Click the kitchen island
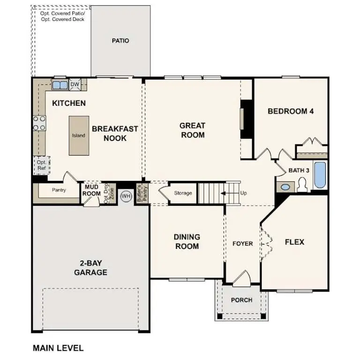tap(78, 135)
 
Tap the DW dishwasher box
tap(75, 85)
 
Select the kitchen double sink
tap(60, 85)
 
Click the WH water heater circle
tap(126, 196)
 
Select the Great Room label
tap(192, 130)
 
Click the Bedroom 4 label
tap(290, 111)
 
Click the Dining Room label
tap(187, 241)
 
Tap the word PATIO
tap(120, 41)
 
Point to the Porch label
tap(242, 300)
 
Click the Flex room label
tap(294, 242)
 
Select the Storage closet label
tap(183, 193)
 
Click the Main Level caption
tap(58, 348)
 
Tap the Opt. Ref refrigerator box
tap(42, 165)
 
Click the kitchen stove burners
tap(39, 123)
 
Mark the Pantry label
tap(59, 190)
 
